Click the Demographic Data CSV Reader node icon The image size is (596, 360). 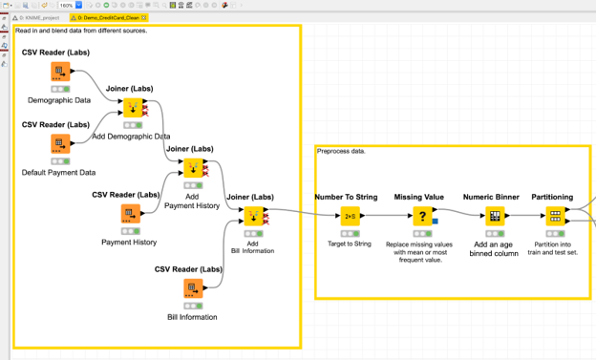pyautogui.click(x=60, y=72)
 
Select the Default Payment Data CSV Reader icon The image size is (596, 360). pyautogui.click(x=60, y=144)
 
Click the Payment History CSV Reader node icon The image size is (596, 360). pyautogui.click(x=130, y=214)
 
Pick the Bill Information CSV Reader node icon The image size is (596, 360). pyautogui.click(x=193, y=288)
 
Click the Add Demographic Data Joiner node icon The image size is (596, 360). pyautogui.click(x=133, y=108)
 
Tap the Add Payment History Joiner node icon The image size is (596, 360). pyautogui.click(x=193, y=168)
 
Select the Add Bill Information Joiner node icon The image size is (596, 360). pyautogui.click(x=252, y=217)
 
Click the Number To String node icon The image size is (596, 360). pyautogui.click(x=350, y=216)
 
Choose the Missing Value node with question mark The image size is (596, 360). pyautogui.click(x=422, y=216)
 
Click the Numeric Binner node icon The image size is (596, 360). pyautogui.click(x=495, y=216)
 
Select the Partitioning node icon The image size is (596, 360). pyautogui.click(x=555, y=216)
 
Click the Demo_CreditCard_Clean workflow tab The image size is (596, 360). pyautogui.click(x=106, y=17)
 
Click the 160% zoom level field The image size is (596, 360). pyautogui.click(x=66, y=5)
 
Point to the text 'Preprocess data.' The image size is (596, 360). pyautogui.click(x=341, y=151)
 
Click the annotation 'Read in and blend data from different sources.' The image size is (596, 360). pyautogui.click(x=95, y=30)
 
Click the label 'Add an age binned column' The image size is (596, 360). pyautogui.click(x=494, y=248)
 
